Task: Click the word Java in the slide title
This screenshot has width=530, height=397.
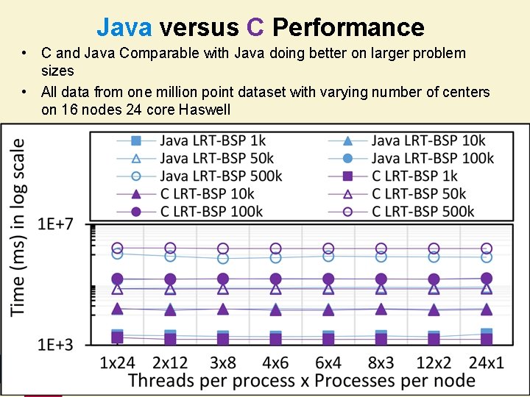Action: [x=124, y=27]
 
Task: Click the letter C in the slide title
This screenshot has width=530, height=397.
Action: [x=255, y=27]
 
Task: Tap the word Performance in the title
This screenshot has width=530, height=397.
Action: [x=348, y=27]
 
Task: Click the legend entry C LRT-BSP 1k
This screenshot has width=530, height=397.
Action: [x=414, y=176]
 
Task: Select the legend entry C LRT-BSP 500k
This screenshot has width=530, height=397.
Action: [x=423, y=211]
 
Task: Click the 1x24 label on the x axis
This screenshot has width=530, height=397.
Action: [x=118, y=363]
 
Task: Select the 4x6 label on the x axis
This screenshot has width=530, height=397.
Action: [x=275, y=363]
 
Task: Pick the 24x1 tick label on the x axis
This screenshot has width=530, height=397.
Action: [x=486, y=363]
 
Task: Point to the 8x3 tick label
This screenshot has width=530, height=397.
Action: [x=381, y=363]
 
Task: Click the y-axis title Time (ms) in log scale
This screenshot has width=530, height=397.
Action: [x=18, y=228]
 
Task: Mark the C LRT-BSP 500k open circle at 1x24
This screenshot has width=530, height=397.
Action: [x=117, y=248]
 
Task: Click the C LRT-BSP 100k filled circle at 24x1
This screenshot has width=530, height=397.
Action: [x=486, y=278]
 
